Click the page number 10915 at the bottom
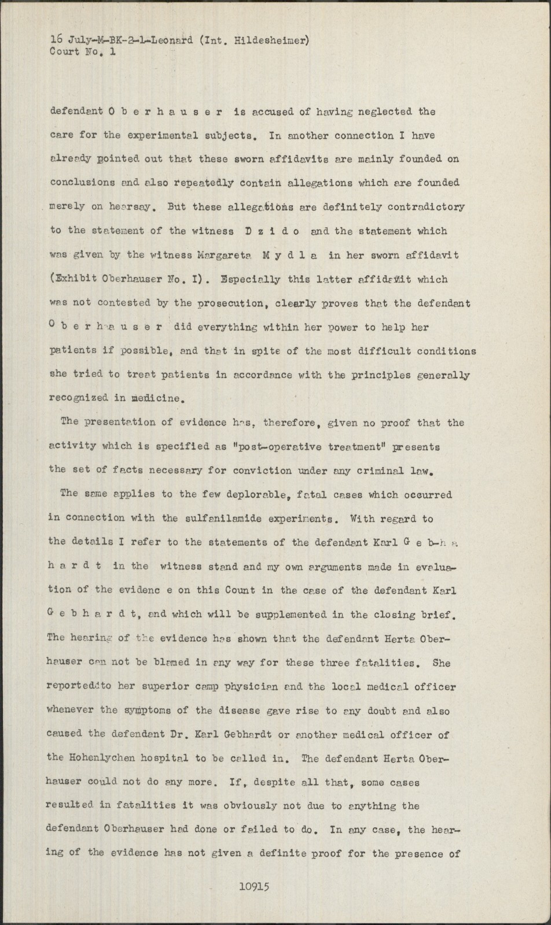pyautogui.click(x=254, y=886)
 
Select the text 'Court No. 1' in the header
pyautogui.click(x=83, y=51)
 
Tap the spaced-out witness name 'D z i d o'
pyautogui.click(x=267, y=231)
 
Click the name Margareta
pyautogui.click(x=222, y=255)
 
